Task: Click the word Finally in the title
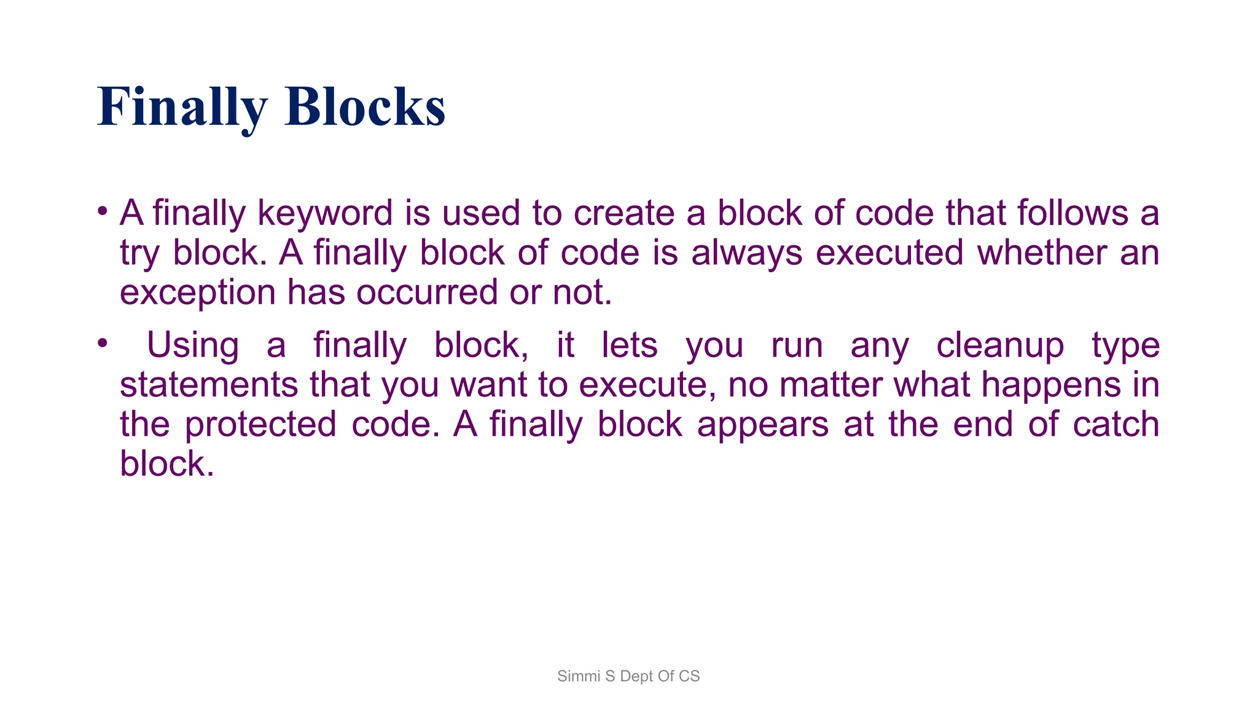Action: [x=182, y=108]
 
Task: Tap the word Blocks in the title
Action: [x=365, y=108]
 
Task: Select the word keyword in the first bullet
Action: [x=324, y=213]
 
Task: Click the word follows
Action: [x=1072, y=213]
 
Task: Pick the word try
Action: [x=139, y=253]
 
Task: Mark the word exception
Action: [x=197, y=293]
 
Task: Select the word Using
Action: [x=193, y=345]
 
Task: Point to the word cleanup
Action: [x=1000, y=345]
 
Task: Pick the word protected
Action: [x=260, y=425]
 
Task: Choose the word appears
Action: [x=763, y=425]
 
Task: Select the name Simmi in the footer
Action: [x=578, y=676]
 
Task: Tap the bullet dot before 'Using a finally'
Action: [x=103, y=343]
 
